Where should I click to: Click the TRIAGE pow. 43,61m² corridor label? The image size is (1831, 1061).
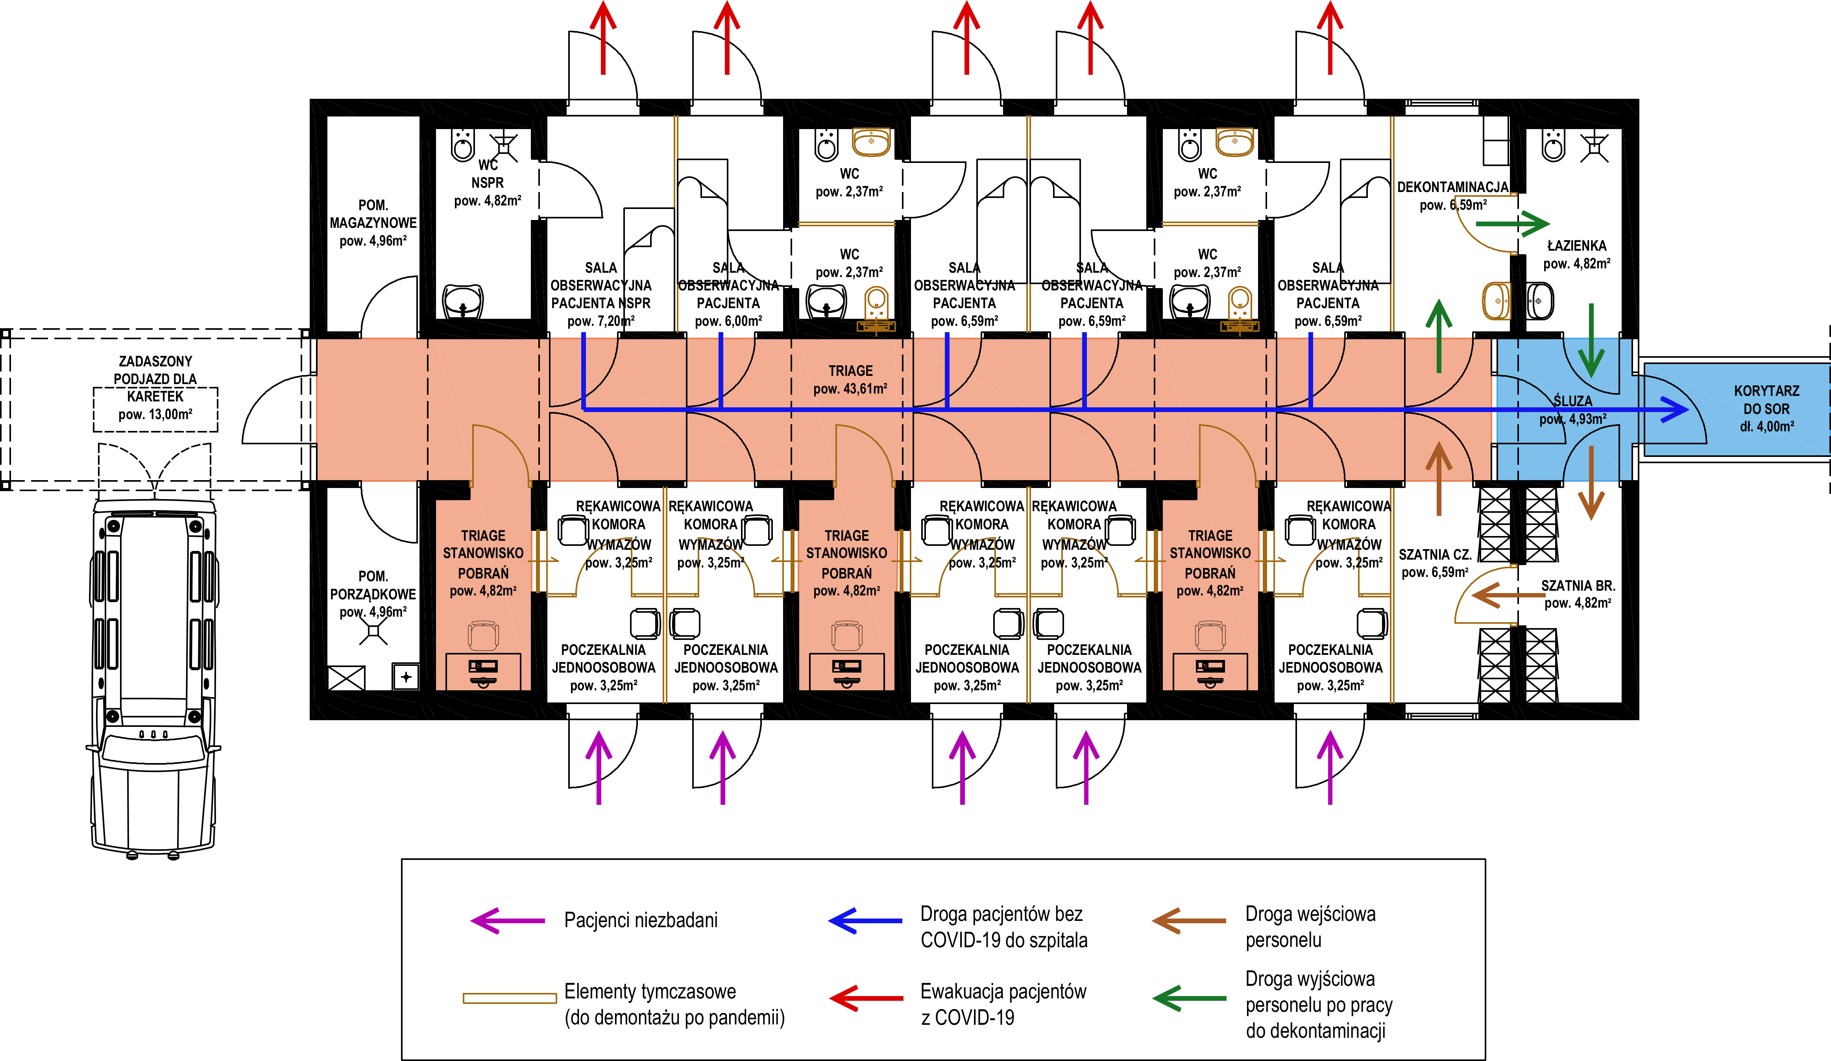[x=850, y=379]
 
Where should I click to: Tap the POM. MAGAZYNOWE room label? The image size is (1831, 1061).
[x=373, y=222]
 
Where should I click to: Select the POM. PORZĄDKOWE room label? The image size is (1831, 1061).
[x=373, y=594]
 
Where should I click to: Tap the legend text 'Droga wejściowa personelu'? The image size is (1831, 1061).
[x=1310, y=926]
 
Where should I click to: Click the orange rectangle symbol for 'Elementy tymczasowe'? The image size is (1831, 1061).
[x=509, y=998]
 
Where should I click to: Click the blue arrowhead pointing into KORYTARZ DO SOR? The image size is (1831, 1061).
[x=1675, y=410]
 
